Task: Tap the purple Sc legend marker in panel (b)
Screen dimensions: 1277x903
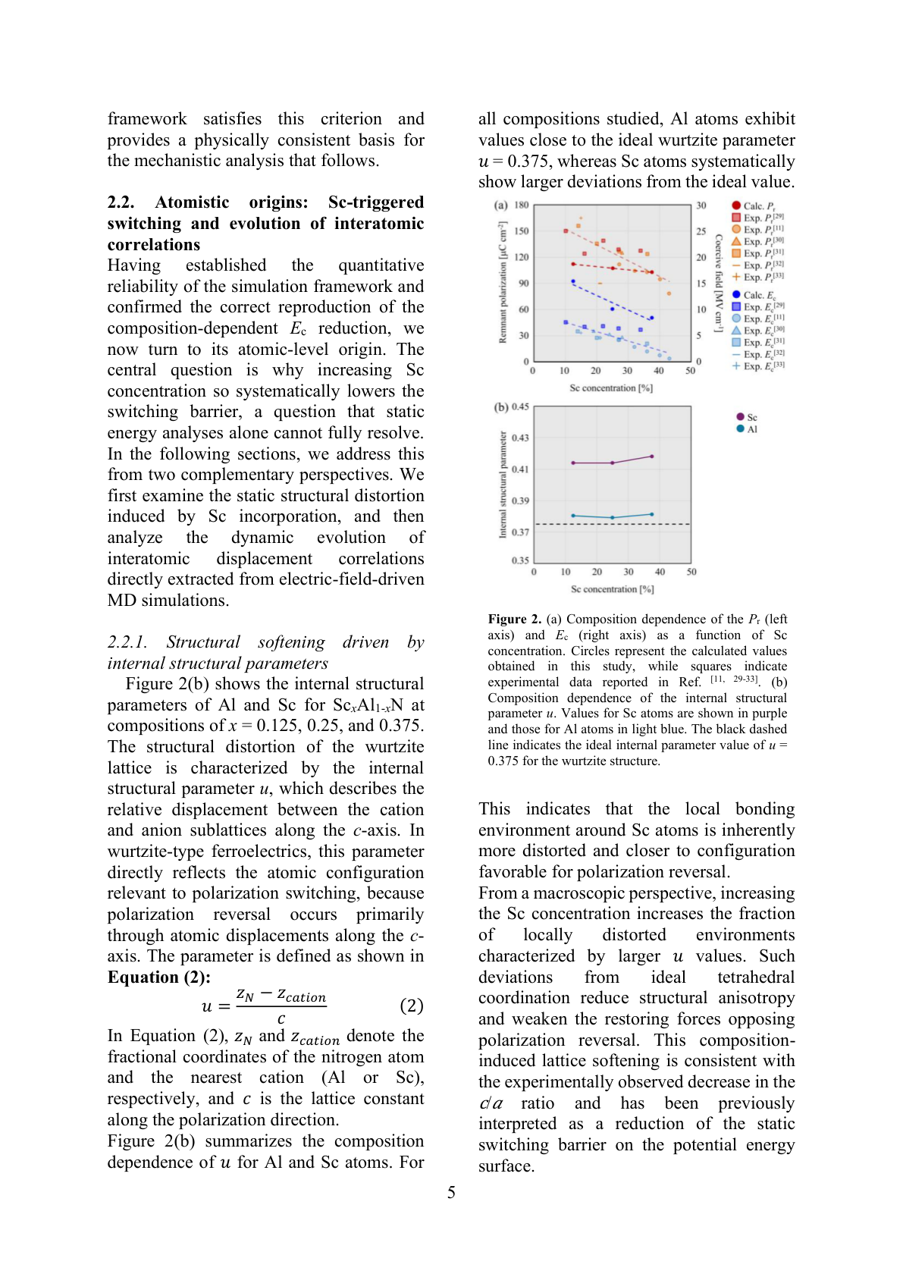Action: [x=740, y=416]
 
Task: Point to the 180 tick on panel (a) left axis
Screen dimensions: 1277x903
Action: [x=522, y=205]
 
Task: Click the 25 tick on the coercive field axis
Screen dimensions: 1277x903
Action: [x=701, y=231]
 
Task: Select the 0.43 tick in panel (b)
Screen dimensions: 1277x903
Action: [x=520, y=438]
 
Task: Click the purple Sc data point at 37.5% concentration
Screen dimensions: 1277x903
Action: [x=652, y=457]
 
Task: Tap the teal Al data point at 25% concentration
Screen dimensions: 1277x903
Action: [x=613, y=518]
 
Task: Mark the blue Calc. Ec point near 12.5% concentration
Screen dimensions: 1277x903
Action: [x=573, y=281]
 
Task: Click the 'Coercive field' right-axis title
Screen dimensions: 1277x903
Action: [x=718, y=282]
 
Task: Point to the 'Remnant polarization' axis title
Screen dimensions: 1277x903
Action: [x=502, y=282]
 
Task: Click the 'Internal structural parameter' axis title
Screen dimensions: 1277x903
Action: [x=502, y=485]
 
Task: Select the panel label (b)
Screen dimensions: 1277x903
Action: [x=501, y=407]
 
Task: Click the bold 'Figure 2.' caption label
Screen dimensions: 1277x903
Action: [x=514, y=619]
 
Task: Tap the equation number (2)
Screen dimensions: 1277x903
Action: [x=411, y=1006]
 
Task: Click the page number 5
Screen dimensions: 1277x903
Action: [x=451, y=1193]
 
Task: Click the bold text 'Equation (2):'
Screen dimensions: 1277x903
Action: [x=158, y=977]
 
